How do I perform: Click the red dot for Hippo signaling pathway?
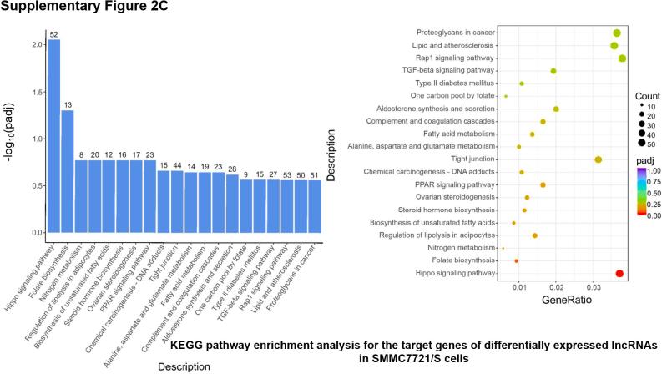(x=619, y=273)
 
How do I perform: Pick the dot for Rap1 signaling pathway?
(x=622, y=58)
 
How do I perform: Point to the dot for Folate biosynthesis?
(x=516, y=260)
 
